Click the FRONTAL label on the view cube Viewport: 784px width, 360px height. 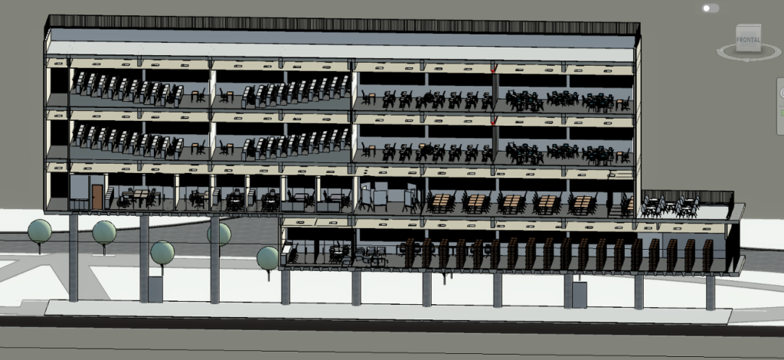pyautogui.click(x=748, y=40)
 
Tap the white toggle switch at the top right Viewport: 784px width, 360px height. pyautogui.click(x=710, y=8)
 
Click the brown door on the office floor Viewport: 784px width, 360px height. pyautogui.click(x=97, y=197)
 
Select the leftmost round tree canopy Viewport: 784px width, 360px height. pyautogui.click(x=40, y=231)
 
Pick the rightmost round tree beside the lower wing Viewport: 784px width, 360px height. pyautogui.click(x=267, y=258)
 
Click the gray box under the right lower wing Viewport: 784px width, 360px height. pyautogui.click(x=579, y=295)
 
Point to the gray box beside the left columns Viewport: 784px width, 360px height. pyautogui.click(x=155, y=289)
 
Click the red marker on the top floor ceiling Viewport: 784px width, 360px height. pyautogui.click(x=493, y=69)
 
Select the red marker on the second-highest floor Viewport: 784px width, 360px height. pyautogui.click(x=493, y=122)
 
